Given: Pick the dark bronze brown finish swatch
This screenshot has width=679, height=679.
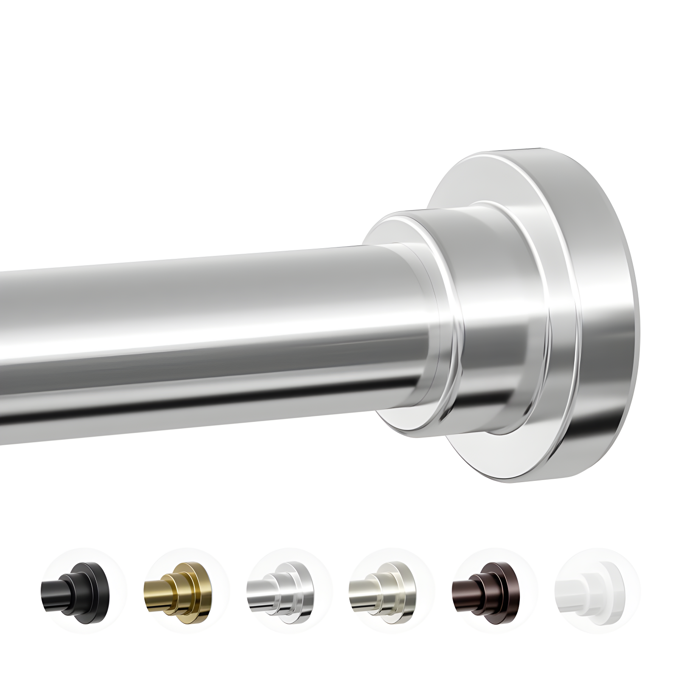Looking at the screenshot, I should point(488,590).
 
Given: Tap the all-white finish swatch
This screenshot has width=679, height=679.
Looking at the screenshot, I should point(592,590).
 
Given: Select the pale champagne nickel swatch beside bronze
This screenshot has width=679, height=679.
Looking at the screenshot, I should point(384,590).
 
